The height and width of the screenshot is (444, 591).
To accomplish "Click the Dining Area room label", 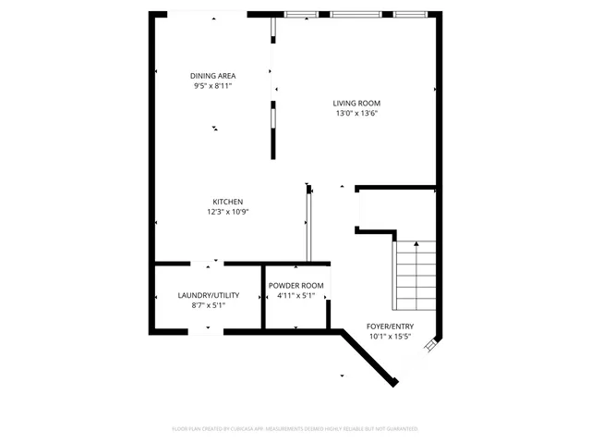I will [x=211, y=76].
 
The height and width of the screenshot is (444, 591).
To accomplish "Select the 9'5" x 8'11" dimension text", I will [x=211, y=86].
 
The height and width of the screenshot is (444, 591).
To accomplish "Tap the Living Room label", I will [x=357, y=103].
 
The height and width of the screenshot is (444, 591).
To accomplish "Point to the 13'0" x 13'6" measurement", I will [x=357, y=113].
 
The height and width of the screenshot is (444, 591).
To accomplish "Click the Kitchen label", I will [x=228, y=202].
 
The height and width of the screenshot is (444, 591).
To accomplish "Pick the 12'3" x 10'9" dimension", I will [x=228, y=212].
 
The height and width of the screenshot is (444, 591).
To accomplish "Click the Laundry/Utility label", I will [x=209, y=295].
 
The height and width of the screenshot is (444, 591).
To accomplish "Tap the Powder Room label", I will [x=295, y=286].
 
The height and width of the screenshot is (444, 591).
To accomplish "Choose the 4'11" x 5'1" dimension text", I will [x=295, y=296].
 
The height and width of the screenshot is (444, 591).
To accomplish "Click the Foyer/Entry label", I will [x=391, y=327].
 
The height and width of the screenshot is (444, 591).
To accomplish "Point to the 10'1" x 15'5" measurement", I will [x=391, y=337].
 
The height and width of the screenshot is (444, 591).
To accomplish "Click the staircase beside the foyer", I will [x=415, y=277].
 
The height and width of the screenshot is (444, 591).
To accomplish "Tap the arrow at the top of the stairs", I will [x=416, y=245].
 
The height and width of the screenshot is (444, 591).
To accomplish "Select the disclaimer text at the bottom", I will [x=295, y=428].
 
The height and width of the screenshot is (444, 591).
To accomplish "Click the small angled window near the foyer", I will [x=431, y=345].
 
